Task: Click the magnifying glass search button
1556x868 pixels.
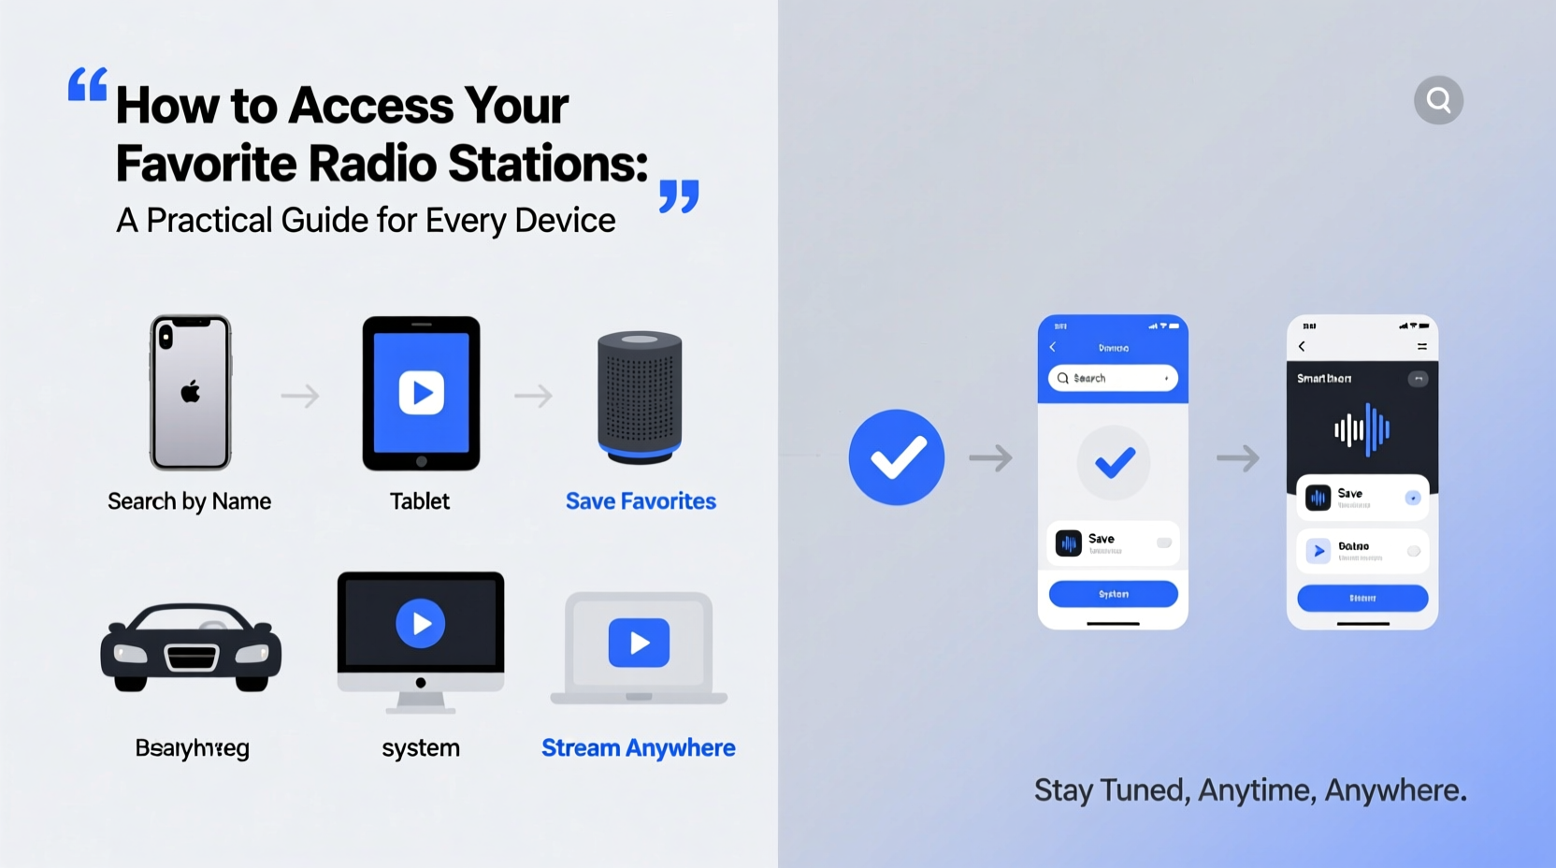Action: [x=1438, y=100]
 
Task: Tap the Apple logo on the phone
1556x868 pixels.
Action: [x=191, y=391]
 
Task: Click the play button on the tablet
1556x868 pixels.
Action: [x=421, y=393]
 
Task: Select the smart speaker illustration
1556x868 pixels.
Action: [x=640, y=397]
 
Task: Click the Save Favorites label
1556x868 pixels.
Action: [x=641, y=501]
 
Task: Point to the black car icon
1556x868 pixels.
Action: [x=191, y=647]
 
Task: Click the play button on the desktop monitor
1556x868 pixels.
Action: [x=420, y=623]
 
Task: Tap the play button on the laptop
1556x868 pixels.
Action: [x=639, y=643]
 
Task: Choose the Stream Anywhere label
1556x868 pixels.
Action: [x=638, y=748]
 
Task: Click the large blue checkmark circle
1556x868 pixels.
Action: [x=896, y=457]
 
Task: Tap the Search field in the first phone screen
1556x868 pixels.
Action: [x=1113, y=378]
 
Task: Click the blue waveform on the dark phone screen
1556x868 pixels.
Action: [x=1362, y=429]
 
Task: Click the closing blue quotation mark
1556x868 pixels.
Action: [x=679, y=196]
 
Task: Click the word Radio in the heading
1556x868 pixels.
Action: [x=372, y=164]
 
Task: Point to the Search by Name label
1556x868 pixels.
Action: [x=189, y=501]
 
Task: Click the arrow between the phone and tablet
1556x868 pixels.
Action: [x=300, y=396]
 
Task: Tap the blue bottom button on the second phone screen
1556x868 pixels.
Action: [x=1362, y=598]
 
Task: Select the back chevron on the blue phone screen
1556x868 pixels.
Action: [x=1053, y=347]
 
